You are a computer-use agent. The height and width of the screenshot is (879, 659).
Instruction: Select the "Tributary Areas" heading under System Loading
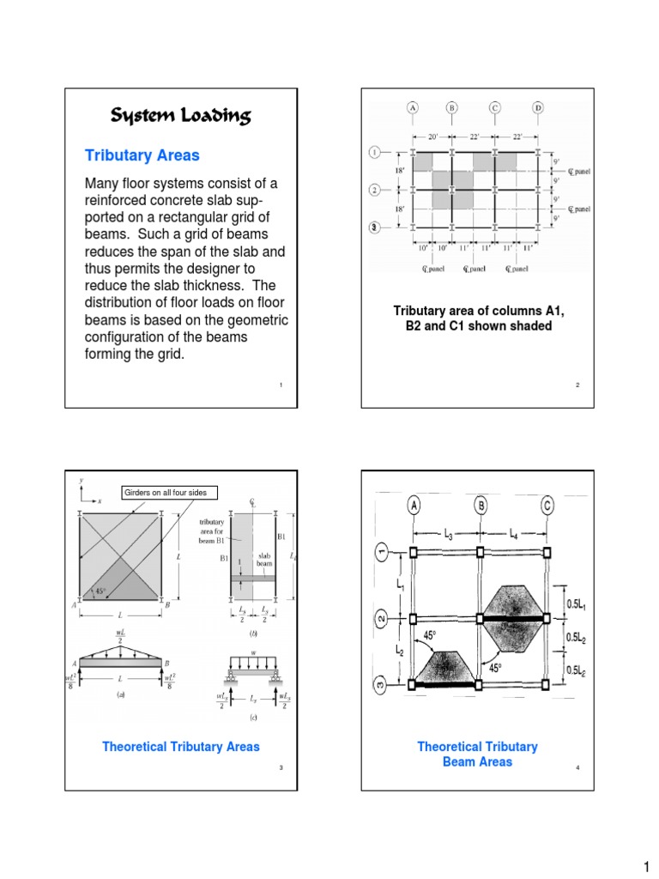coord(142,155)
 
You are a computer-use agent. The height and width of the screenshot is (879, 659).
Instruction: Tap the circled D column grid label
coord(537,108)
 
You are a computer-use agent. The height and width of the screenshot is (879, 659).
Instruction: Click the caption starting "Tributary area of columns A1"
coord(478,318)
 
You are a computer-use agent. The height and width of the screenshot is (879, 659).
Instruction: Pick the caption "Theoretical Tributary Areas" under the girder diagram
coord(180,747)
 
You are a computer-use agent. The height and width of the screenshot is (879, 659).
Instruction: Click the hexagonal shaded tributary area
coord(513,617)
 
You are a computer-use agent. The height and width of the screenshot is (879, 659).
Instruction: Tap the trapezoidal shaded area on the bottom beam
coord(444,669)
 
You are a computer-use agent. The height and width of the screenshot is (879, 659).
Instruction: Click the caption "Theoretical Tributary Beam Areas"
coord(477,754)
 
